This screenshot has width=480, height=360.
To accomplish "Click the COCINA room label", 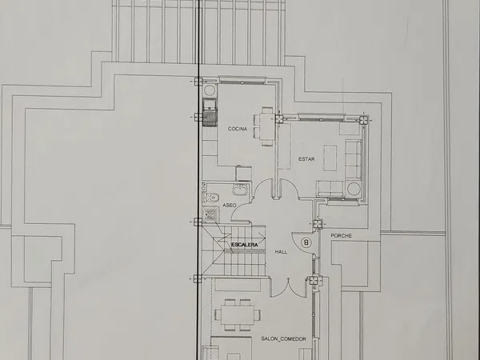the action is click(238, 129).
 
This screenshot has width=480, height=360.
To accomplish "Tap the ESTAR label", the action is click(306, 159).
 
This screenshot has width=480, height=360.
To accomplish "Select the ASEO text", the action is click(230, 205).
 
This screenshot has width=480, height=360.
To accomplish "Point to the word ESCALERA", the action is click(245, 245).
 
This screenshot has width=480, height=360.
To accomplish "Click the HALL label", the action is click(281, 252).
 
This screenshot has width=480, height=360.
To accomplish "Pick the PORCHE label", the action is click(342, 236).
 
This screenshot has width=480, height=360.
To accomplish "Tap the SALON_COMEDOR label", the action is click(283, 339).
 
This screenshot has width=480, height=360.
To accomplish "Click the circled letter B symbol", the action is click(306, 242).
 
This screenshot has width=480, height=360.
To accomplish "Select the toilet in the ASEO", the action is click(211, 198).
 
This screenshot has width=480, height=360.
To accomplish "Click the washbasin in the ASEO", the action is click(241, 190).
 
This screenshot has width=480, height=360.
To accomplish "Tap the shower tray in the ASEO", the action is click(210, 214).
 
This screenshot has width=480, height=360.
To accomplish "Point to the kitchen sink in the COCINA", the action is click(210, 113).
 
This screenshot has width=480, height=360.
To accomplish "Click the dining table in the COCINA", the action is click(267, 126).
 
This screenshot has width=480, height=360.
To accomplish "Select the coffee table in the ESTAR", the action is click(330, 158).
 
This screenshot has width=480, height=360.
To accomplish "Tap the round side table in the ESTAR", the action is click(354, 189).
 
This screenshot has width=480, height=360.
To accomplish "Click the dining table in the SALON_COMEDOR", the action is click(238, 315).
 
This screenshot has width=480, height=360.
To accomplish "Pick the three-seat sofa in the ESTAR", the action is click(354, 159).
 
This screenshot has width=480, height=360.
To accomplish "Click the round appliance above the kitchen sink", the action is click(210, 90).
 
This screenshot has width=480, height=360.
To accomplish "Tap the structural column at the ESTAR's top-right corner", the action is click(364, 119).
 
